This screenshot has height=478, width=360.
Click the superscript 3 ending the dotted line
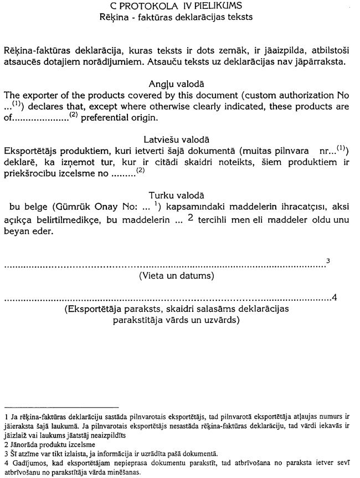(328, 261)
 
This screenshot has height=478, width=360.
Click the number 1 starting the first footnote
(6, 414)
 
